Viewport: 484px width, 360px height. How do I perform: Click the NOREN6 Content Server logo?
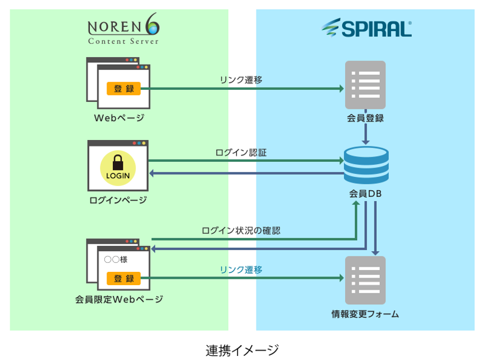tap(123, 30)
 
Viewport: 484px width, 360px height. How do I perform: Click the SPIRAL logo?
tap(366, 28)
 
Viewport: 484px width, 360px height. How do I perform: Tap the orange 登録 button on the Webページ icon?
tap(123, 89)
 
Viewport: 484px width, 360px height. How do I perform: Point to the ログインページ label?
tap(118, 200)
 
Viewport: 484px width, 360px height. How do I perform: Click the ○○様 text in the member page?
tap(116, 260)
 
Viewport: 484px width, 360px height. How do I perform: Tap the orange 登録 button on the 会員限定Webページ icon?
tap(123, 279)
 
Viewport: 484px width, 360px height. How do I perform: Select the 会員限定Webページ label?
tap(119, 300)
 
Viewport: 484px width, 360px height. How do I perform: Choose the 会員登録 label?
tap(365, 119)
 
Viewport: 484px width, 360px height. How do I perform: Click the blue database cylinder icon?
tap(366, 165)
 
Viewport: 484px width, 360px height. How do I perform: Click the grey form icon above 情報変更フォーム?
tap(365, 281)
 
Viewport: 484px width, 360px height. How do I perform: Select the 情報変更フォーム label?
tap(365, 314)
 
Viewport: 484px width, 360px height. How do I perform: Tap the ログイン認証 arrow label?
tap(241, 153)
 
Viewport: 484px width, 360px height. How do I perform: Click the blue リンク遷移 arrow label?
tap(241, 270)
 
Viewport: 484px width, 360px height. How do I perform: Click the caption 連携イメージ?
tap(242, 350)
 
